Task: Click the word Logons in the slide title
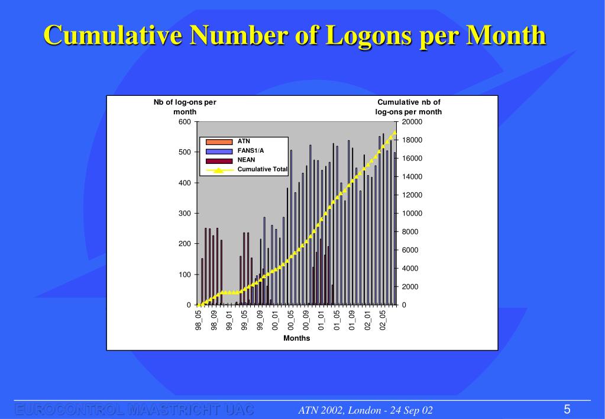pyautogui.click(x=357, y=36)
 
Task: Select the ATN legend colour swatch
pyautogui.click(x=219, y=142)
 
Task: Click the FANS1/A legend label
pyautogui.click(x=251, y=151)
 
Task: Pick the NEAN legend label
pyautogui.click(x=247, y=160)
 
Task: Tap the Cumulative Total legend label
pyautogui.click(x=263, y=169)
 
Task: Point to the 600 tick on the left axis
pyautogui.click(x=185, y=122)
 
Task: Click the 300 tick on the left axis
pyautogui.click(x=185, y=214)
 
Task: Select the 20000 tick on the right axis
pyautogui.click(x=412, y=122)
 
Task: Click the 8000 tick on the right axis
pyautogui.click(x=410, y=232)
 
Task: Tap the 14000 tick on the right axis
pyautogui.click(x=412, y=177)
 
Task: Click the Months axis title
pyautogui.click(x=296, y=339)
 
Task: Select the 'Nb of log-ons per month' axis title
pyautogui.click(x=185, y=107)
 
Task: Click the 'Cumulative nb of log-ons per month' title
pyautogui.click(x=409, y=107)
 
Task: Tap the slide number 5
pyautogui.click(x=567, y=410)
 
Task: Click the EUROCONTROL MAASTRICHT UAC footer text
pyautogui.click(x=134, y=410)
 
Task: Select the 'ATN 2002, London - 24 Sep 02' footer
pyautogui.click(x=365, y=411)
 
